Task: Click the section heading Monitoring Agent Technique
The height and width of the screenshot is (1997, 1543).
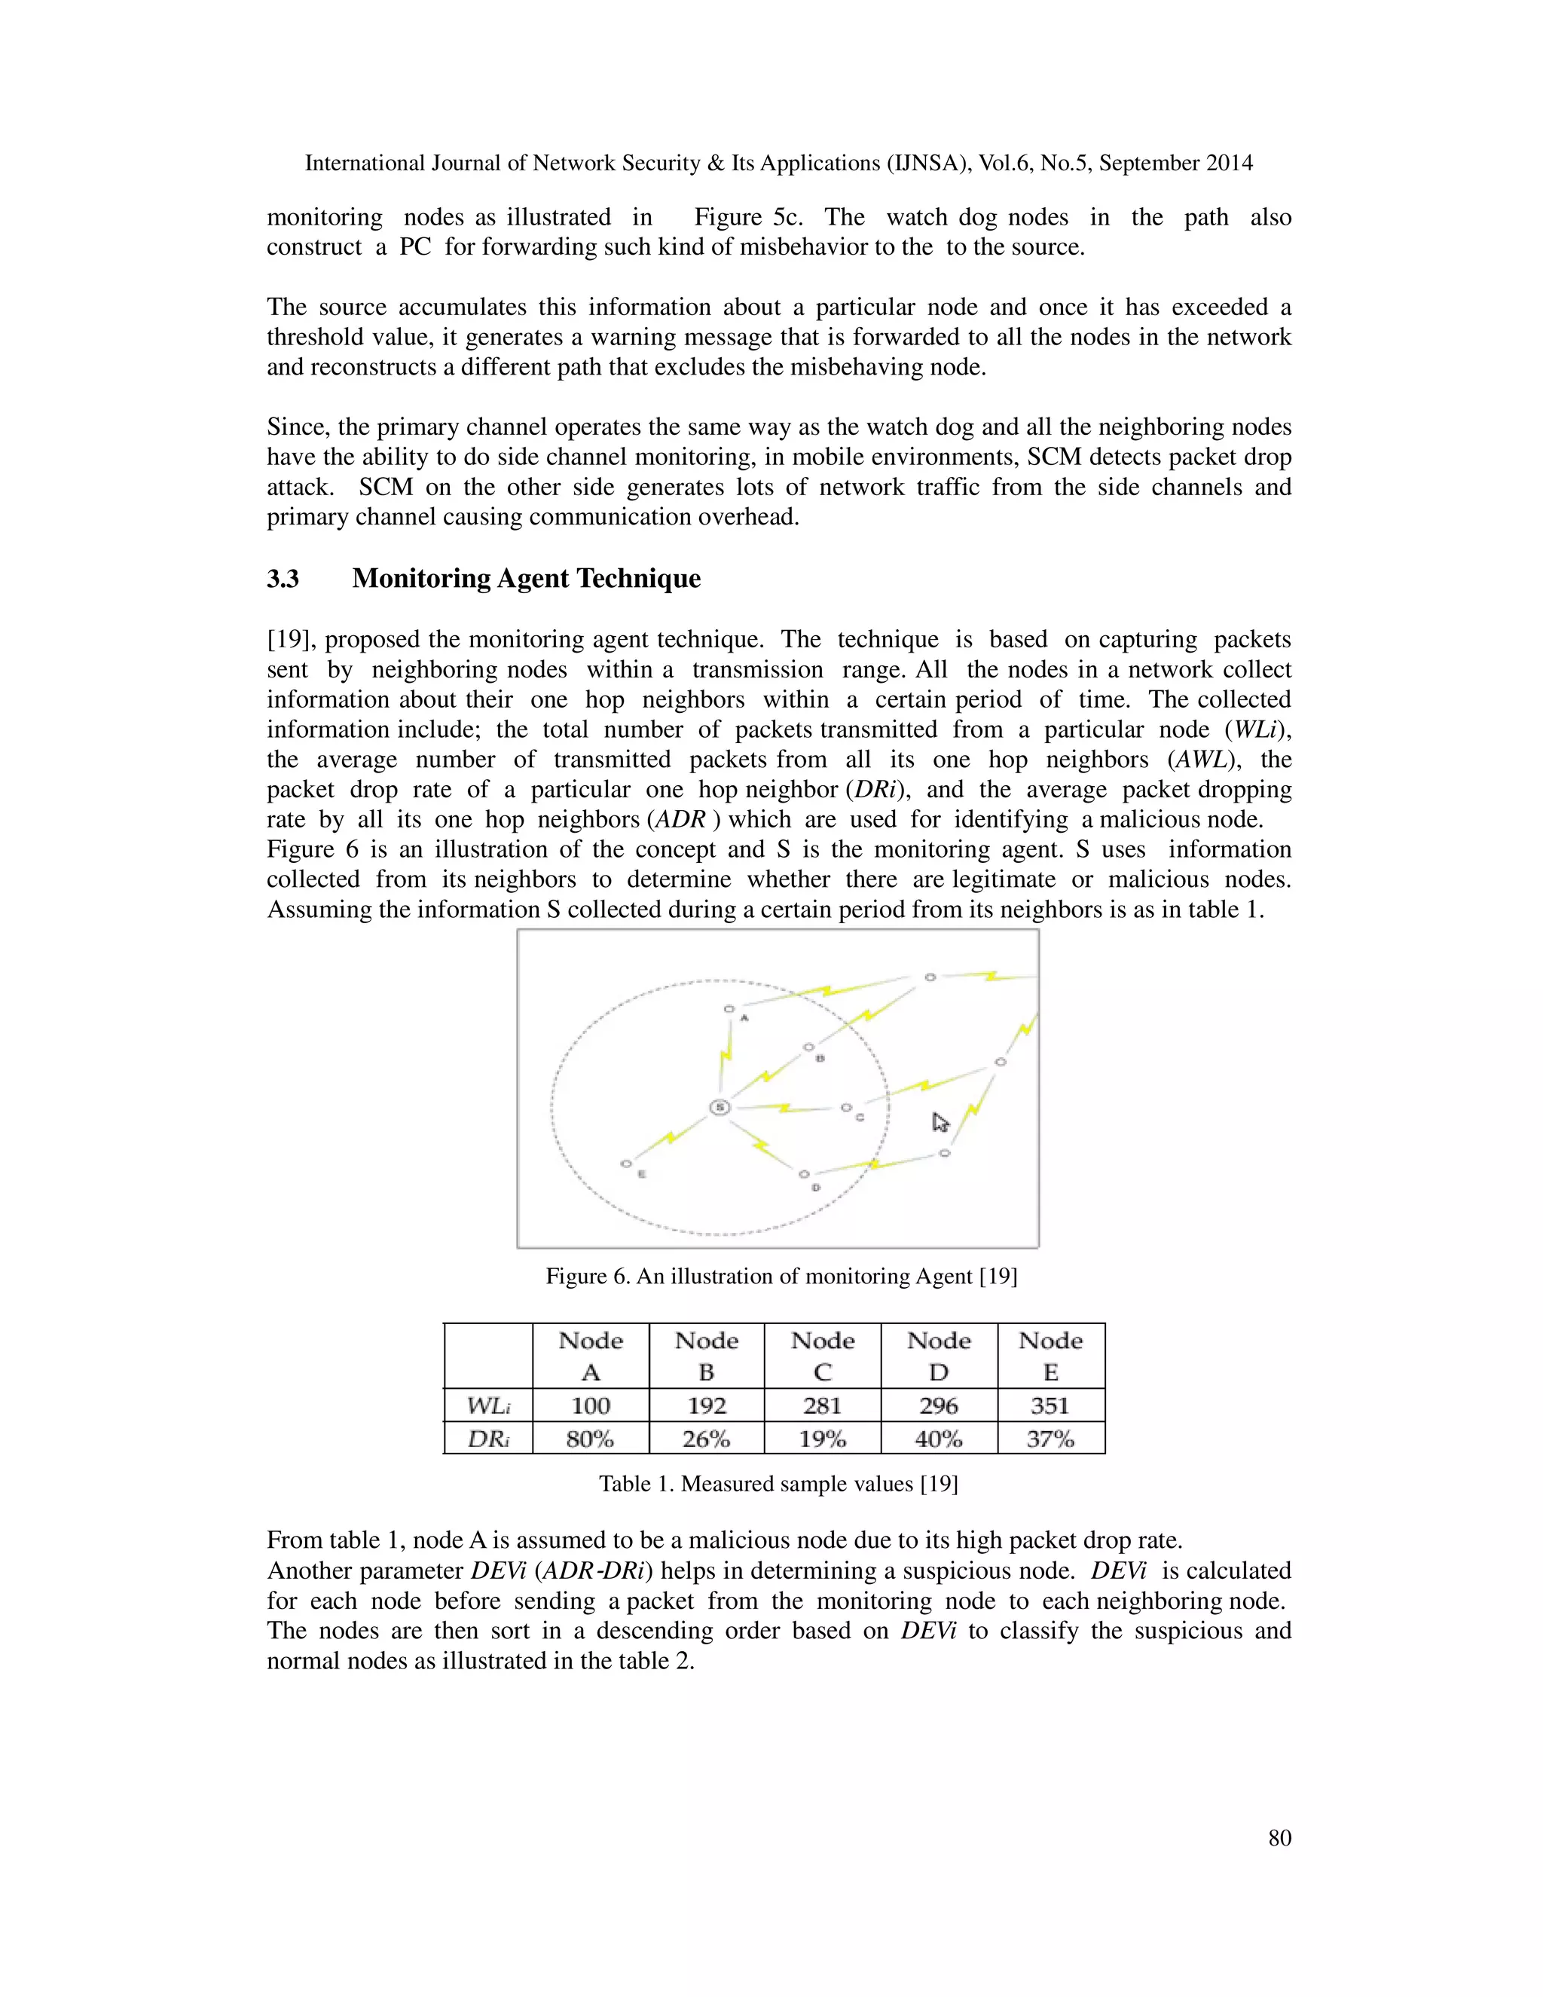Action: [526, 579]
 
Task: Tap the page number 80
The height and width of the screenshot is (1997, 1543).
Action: [1279, 1838]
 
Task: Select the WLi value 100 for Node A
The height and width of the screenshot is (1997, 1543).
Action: [591, 1405]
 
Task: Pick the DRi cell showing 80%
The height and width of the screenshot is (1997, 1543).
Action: [591, 1439]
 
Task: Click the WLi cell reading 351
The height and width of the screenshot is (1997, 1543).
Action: [1050, 1405]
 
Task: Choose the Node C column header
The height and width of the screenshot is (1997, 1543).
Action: [823, 1356]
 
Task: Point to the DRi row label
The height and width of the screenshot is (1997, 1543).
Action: [487, 1439]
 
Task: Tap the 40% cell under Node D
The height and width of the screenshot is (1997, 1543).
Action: [939, 1439]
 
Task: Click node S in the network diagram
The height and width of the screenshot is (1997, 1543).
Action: [720, 1107]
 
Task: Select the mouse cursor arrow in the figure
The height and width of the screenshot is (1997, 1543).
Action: [940, 1122]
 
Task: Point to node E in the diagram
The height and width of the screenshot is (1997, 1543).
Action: [626, 1164]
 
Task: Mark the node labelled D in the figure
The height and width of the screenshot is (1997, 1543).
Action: [803, 1174]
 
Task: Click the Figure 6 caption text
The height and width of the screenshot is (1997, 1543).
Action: [781, 1277]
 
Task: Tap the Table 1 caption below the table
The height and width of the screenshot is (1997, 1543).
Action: [778, 1484]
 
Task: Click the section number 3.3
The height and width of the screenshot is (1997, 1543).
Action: [283, 579]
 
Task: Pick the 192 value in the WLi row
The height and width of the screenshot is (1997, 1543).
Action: [707, 1405]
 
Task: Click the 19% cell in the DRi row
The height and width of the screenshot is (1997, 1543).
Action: [823, 1439]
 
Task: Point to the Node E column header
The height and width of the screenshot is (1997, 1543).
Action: [1050, 1356]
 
